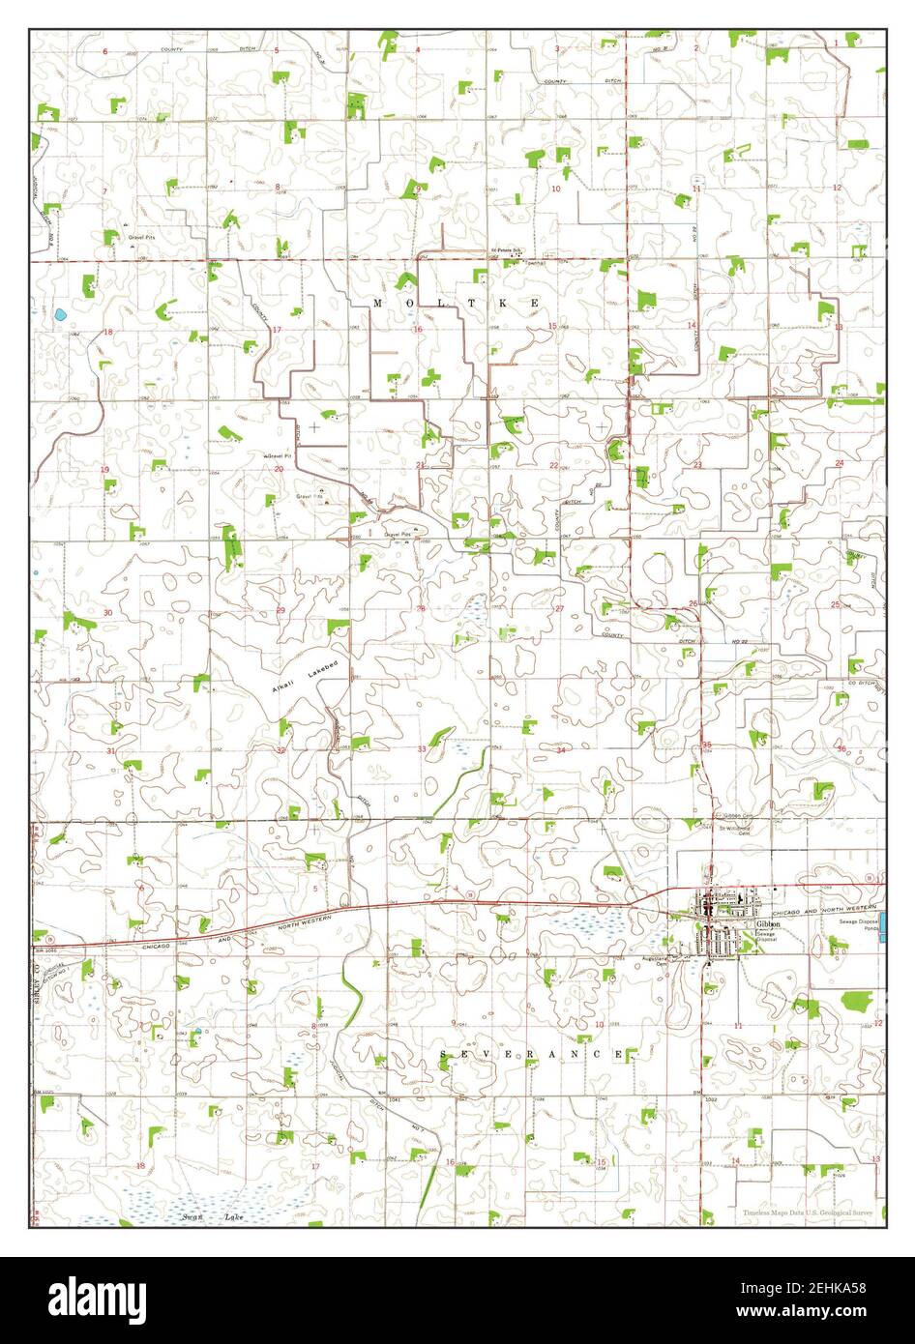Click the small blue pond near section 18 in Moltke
[x=60, y=314]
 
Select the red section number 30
[x=107, y=613]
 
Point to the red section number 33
[x=422, y=749]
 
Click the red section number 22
[x=553, y=466]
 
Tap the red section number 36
[x=841, y=747]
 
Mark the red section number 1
[x=837, y=44]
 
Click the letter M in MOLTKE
[x=377, y=304]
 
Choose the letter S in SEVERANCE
[x=444, y=1054]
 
